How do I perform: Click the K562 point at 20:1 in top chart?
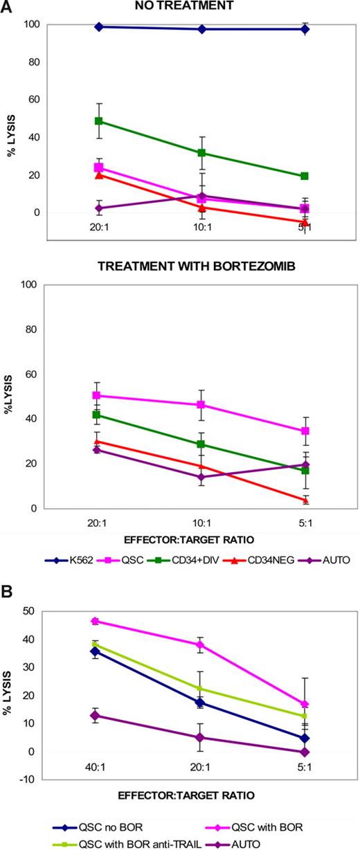point(99,27)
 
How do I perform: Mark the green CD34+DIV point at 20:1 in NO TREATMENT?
point(99,121)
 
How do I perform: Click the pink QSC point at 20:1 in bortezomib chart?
point(99,395)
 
